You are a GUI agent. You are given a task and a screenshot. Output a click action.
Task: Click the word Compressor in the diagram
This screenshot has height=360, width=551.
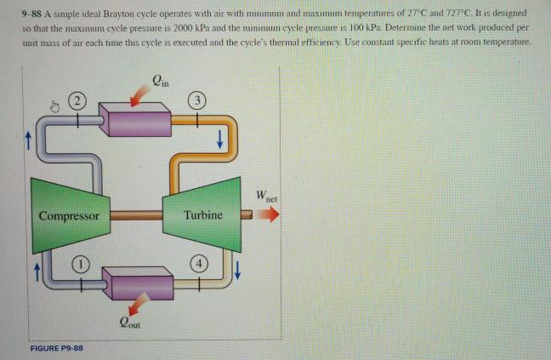[x=69, y=215]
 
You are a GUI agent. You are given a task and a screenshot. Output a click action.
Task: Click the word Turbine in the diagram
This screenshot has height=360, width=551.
[x=204, y=215]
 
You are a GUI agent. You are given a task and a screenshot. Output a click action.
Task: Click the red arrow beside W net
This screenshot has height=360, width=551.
[x=266, y=215]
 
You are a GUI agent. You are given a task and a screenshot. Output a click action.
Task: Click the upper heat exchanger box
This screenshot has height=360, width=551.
[x=140, y=114]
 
